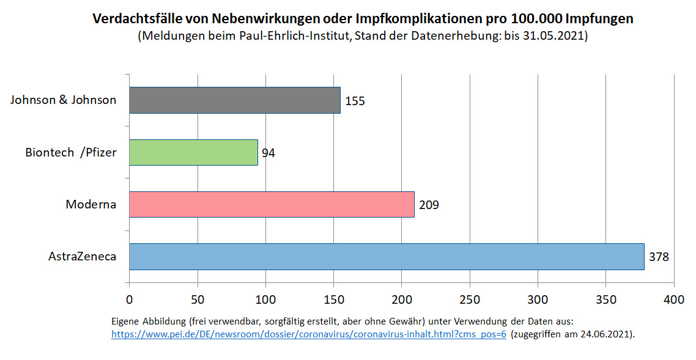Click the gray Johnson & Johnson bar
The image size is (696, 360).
point(234,100)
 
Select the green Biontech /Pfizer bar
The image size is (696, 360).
point(193,152)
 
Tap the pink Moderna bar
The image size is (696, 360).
point(272,204)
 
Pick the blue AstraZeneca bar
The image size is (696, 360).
point(387,257)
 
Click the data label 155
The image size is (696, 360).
point(355,101)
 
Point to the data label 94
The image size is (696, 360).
point(268,153)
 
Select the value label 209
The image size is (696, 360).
point(429,205)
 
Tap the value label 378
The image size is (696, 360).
point(659,257)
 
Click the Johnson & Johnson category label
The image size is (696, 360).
point(63,100)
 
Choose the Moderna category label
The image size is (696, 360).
point(91,204)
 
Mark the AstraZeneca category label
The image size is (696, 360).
point(82,257)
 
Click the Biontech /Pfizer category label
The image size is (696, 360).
point(70,152)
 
